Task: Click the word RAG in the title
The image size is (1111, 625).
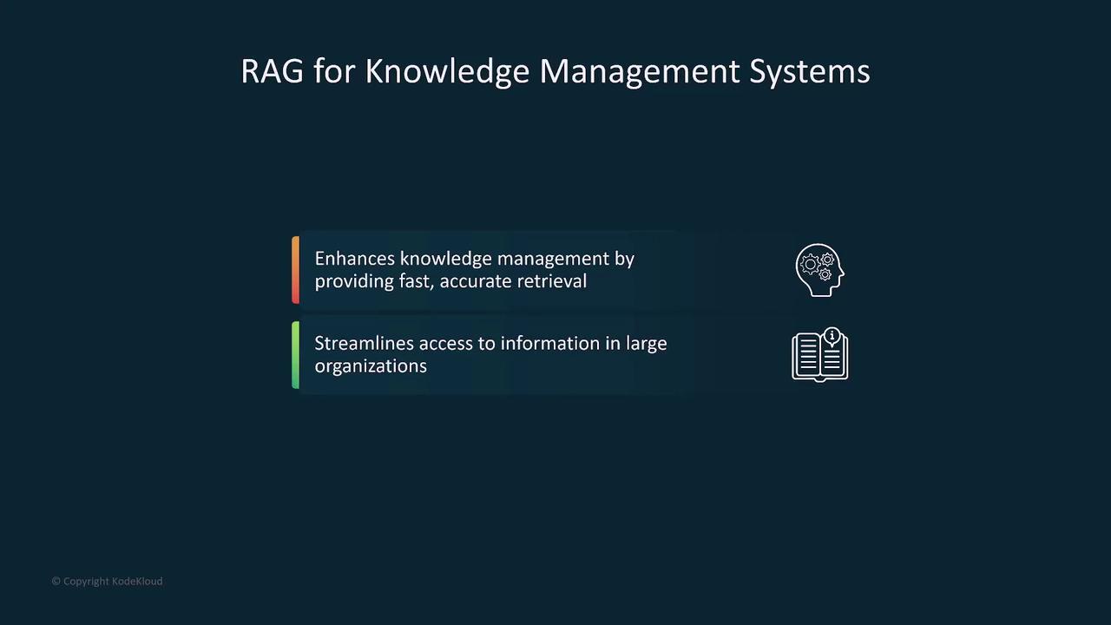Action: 272,71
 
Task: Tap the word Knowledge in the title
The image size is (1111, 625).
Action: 447,72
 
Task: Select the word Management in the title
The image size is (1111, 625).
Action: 640,72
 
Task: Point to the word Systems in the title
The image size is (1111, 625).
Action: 810,72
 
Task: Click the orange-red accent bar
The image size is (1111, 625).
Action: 296,270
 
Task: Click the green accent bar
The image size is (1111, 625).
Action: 296,355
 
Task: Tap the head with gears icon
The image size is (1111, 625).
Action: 820,270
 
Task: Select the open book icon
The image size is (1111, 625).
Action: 820,356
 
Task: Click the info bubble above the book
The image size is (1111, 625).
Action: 832,336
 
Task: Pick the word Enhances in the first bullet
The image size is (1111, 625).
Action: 355,259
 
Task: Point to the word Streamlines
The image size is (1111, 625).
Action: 364,343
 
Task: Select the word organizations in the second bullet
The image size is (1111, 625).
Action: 371,366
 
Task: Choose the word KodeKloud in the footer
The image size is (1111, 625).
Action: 137,582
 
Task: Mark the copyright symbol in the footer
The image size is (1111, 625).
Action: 56,581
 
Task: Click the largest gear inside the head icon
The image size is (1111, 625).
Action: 810,265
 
